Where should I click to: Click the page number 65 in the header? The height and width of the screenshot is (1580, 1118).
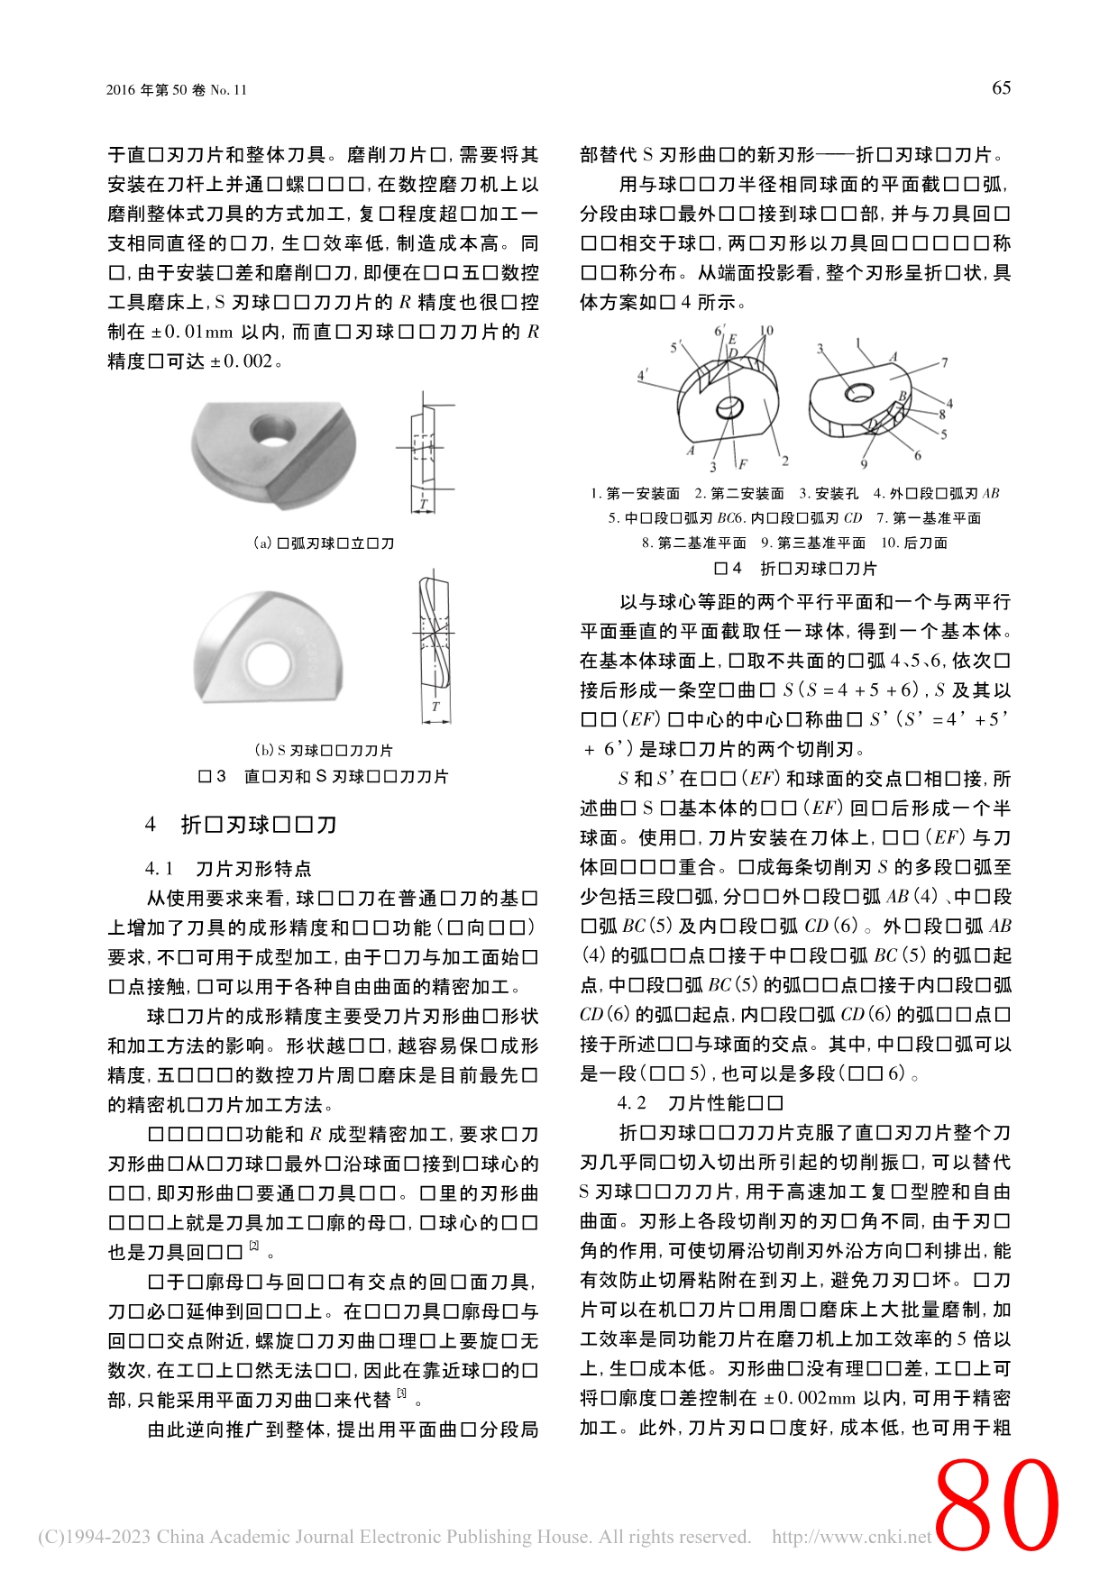1001,87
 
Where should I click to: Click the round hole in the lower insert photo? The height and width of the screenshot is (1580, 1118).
263,662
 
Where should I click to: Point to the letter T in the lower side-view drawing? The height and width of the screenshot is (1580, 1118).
435,707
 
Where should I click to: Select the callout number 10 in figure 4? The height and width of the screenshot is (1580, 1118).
766,331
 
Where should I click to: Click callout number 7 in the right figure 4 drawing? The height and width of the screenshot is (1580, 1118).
944,362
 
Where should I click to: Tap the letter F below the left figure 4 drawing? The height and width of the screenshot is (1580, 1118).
743,464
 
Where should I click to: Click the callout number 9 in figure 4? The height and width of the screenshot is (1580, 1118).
864,464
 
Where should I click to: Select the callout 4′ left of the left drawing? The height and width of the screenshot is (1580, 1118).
642,375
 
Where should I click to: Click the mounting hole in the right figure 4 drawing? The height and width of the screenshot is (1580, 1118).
857,392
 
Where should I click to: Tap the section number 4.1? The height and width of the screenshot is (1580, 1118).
159,869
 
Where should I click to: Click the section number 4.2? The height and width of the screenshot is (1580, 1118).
631,1103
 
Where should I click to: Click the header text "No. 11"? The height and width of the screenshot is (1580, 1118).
228,90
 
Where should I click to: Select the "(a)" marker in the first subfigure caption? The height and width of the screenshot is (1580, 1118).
262,543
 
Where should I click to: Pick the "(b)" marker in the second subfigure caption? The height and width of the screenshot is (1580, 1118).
264,750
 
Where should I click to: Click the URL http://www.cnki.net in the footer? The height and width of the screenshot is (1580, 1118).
851,1537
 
